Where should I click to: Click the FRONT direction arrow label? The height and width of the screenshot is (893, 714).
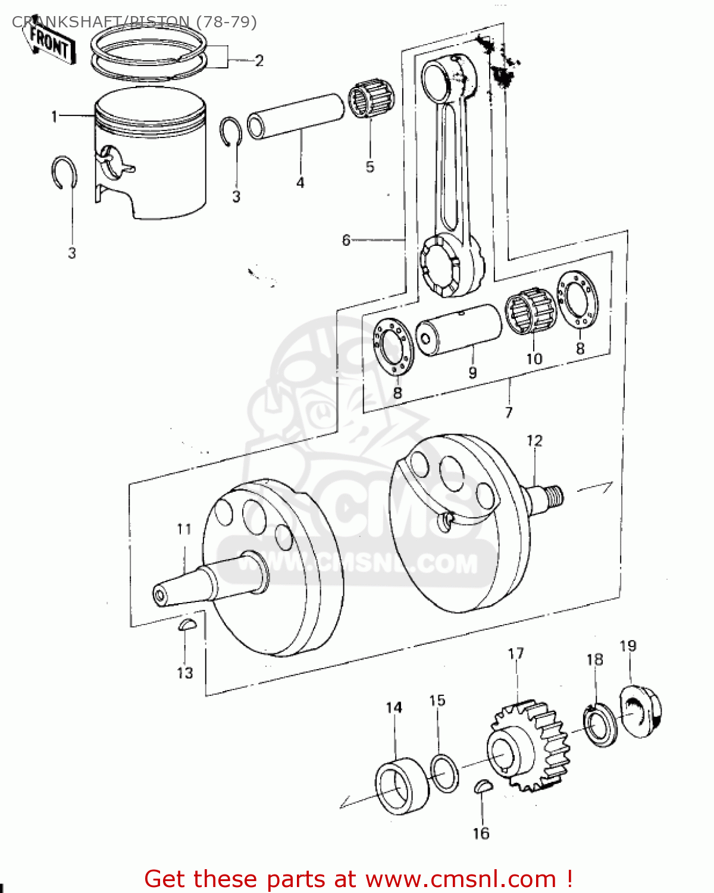point(51,43)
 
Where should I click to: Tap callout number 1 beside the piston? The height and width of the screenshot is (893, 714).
point(54,117)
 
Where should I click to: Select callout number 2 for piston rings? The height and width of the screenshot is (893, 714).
point(259,61)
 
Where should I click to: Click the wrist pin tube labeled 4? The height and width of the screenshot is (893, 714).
point(296,115)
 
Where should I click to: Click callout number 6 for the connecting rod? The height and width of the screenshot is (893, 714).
point(346,241)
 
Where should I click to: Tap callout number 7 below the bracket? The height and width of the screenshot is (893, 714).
point(509,412)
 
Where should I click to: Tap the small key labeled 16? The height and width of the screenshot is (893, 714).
point(483,786)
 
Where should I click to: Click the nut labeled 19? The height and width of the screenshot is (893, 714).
point(641,712)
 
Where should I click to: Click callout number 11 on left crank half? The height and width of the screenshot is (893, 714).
point(184,529)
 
